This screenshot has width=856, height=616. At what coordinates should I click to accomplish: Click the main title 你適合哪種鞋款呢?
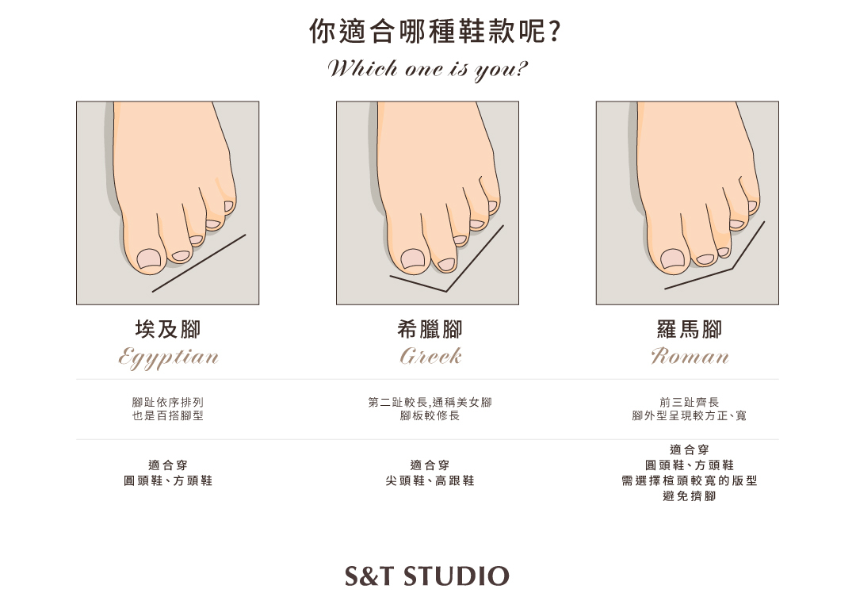pyautogui.click(x=435, y=31)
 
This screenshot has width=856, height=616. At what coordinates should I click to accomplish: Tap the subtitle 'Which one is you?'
pyautogui.click(x=427, y=69)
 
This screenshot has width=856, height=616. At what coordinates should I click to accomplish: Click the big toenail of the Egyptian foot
pyautogui.click(x=148, y=259)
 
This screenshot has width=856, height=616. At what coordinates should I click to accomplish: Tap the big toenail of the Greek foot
pyautogui.click(x=413, y=259)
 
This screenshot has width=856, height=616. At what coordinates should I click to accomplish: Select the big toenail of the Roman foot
pyautogui.click(x=673, y=259)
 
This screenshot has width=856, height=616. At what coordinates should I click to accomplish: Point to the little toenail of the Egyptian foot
pyautogui.click(x=229, y=206)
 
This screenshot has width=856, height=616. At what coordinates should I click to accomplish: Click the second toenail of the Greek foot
pyautogui.click(x=446, y=264)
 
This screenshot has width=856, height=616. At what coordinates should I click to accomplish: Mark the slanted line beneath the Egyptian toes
pyautogui.click(x=199, y=263)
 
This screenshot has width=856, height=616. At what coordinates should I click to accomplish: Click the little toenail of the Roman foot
pyautogui.click(x=753, y=206)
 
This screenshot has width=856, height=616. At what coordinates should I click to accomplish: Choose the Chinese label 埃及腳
pyautogui.click(x=168, y=329)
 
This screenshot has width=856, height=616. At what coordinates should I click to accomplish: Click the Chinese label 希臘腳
pyautogui.click(x=430, y=329)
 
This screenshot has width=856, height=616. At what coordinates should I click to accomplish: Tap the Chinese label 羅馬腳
pyautogui.click(x=690, y=329)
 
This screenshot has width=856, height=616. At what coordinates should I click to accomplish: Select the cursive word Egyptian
pyautogui.click(x=169, y=358)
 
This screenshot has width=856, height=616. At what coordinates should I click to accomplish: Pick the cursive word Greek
pyautogui.click(x=430, y=356)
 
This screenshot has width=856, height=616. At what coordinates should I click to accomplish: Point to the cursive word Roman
pyautogui.click(x=690, y=356)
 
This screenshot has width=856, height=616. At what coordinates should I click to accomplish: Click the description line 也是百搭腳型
pyautogui.click(x=167, y=415)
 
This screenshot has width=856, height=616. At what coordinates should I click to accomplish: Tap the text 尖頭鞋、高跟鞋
pyautogui.click(x=430, y=480)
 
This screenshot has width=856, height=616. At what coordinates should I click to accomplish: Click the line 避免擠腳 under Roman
pyautogui.click(x=690, y=495)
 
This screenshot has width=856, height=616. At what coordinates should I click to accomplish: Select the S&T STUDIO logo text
pyautogui.click(x=427, y=576)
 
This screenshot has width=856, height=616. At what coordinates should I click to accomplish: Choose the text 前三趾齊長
pyautogui.click(x=690, y=403)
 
